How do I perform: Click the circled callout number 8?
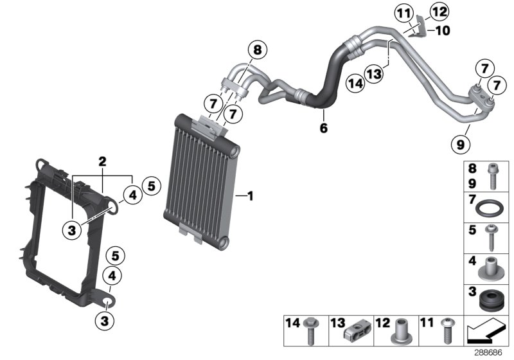point(256,50)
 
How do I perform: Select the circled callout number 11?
point(403,14)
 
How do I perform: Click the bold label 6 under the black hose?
point(323,129)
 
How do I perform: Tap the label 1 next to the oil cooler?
point(250,195)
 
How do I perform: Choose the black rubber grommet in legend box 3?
point(490,301)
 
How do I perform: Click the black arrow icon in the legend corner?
point(487,332)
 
